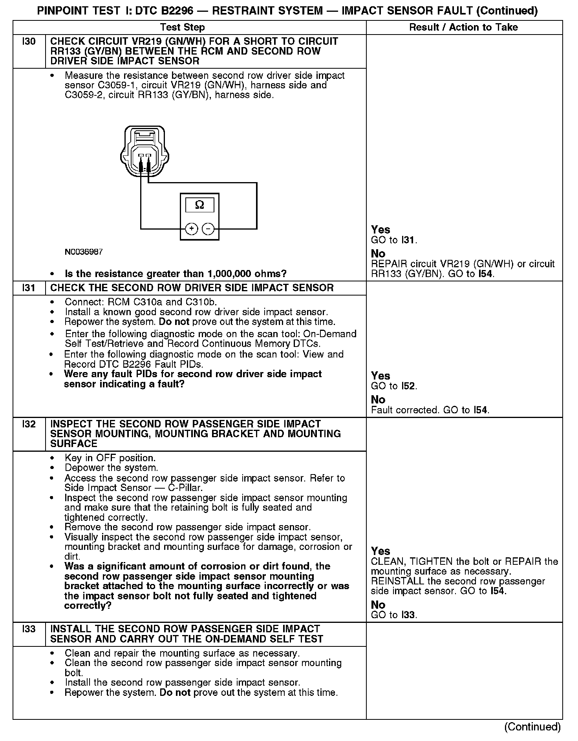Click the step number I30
(29, 42)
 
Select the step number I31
(29, 288)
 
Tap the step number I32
(29, 424)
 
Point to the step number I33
(29, 629)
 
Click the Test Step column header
(183, 27)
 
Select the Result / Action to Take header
(463, 27)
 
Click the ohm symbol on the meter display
(199, 205)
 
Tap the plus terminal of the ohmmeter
(191, 228)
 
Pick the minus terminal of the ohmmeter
(208, 228)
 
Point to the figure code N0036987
(84, 252)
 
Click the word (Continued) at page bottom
(532, 726)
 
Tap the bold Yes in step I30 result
(380, 230)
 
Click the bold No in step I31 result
(378, 400)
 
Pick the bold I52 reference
(408, 386)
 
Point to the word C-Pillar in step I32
(187, 488)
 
